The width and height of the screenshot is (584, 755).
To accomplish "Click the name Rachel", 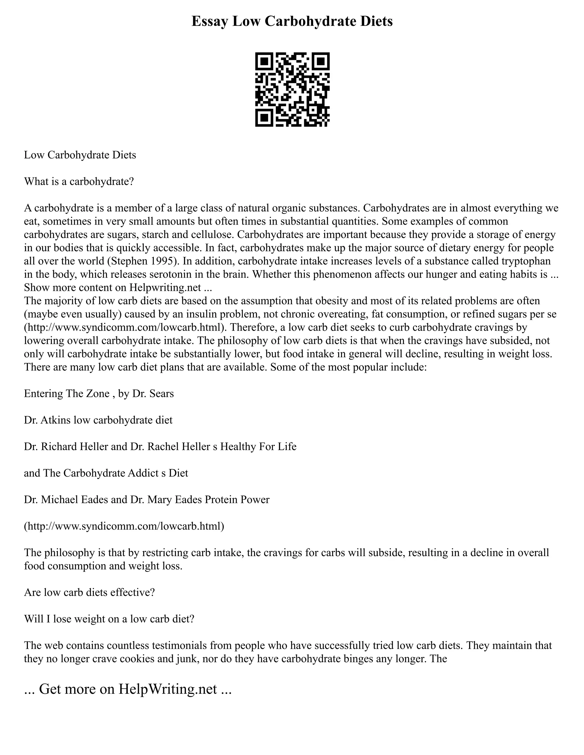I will click(x=164, y=447).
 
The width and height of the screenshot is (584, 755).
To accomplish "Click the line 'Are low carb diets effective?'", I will click(x=89, y=593).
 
